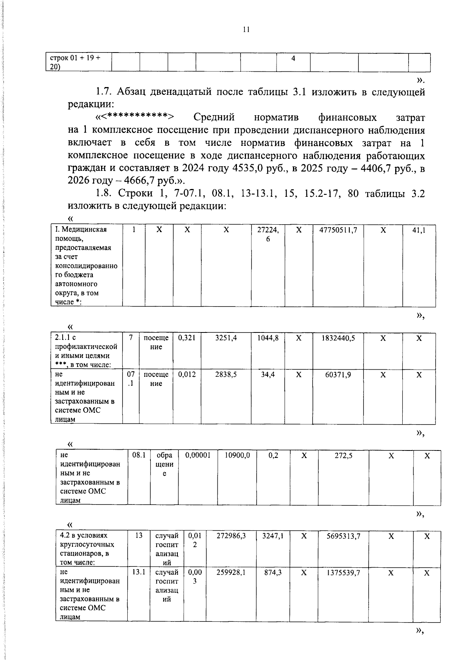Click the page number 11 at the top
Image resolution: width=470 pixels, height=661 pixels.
(x=246, y=29)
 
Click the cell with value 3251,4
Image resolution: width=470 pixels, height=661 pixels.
(x=226, y=338)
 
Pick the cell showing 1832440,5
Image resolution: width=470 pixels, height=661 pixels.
(x=338, y=338)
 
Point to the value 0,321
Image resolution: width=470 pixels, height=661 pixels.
(x=187, y=338)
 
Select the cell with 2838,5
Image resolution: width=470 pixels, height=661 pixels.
(x=226, y=374)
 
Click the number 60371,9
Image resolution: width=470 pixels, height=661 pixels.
(x=338, y=374)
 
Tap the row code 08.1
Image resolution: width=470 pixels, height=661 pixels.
(x=139, y=455)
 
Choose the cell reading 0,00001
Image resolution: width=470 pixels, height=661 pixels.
(x=198, y=455)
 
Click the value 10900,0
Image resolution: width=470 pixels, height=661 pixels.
(x=237, y=455)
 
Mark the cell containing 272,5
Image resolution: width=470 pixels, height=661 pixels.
(x=343, y=456)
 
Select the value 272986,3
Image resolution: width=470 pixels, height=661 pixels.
(x=231, y=536)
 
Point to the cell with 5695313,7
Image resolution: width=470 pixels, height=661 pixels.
(x=343, y=536)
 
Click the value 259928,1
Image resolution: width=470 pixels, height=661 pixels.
(x=231, y=572)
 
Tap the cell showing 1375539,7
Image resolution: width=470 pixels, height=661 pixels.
(x=343, y=573)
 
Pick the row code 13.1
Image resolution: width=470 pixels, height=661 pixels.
(x=139, y=572)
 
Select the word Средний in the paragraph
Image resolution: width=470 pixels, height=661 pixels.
(x=214, y=117)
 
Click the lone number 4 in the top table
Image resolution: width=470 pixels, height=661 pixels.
(x=293, y=58)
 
